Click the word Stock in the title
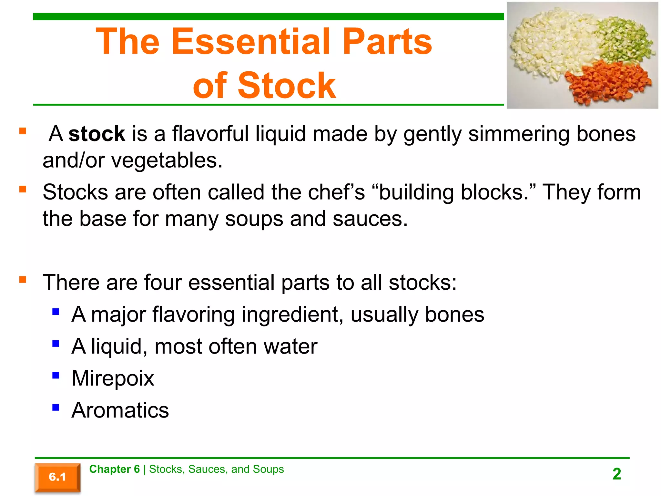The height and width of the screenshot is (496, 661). coord(287,85)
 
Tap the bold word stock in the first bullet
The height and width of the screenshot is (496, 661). coord(97,134)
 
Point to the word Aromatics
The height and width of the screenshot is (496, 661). coord(120,410)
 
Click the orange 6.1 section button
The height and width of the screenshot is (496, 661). coord(57,477)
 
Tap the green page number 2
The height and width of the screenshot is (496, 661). coord(617,474)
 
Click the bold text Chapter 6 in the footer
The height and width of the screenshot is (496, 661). coord(114,469)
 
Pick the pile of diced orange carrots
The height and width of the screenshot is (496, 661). coord(607,81)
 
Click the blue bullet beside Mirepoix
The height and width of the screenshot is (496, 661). coord(56,375)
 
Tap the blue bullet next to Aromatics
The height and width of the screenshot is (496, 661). coord(56,407)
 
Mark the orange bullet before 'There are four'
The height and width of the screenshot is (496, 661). coord(23,279)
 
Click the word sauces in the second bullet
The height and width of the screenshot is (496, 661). coord(370,219)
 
